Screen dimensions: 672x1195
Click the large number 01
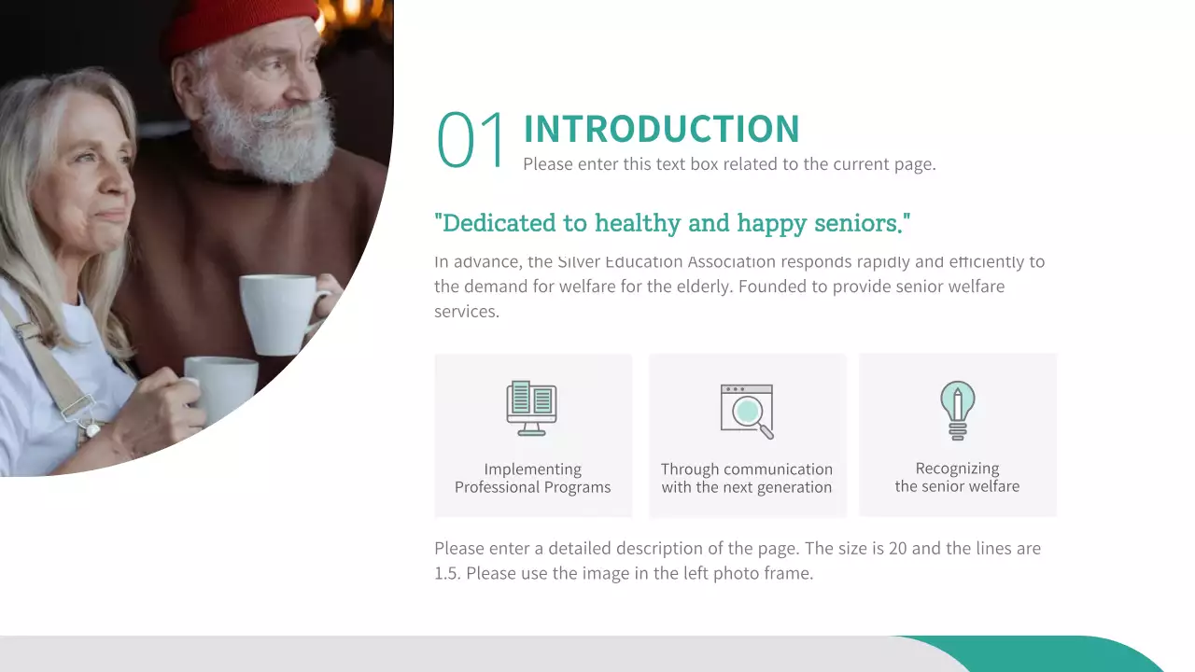click(471, 140)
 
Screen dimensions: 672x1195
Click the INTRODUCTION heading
click(661, 130)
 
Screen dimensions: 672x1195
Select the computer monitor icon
click(531, 408)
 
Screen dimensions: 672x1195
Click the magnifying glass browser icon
click(747, 411)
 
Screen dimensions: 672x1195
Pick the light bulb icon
click(957, 410)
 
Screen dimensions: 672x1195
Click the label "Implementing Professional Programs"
click(532, 478)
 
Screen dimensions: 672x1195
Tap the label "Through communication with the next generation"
click(747, 478)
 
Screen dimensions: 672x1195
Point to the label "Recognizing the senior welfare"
click(957, 477)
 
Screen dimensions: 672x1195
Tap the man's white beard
click(271, 140)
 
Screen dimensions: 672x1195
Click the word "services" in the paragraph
click(467, 312)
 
